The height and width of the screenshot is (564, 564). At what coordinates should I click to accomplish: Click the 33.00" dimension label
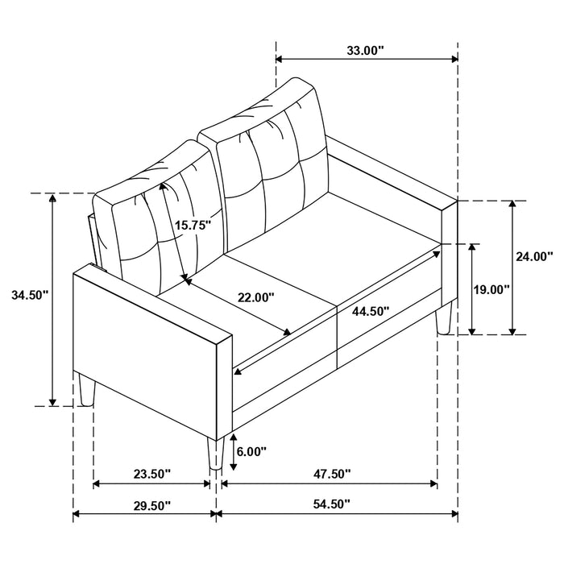(x=366, y=50)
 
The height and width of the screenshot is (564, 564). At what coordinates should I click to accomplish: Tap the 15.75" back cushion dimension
(x=193, y=226)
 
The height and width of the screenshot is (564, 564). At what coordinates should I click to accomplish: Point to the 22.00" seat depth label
(x=255, y=297)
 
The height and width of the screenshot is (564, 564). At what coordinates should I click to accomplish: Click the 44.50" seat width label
(x=371, y=310)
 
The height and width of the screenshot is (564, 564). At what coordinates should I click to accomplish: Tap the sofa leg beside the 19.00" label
(x=442, y=320)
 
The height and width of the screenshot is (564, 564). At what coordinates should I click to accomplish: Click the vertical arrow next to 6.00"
(x=233, y=453)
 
